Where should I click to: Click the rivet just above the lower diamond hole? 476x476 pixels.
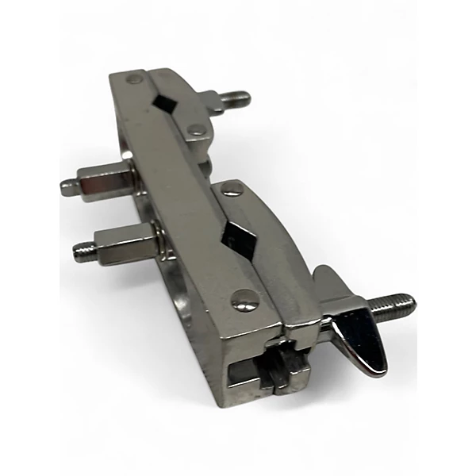coord(232,189)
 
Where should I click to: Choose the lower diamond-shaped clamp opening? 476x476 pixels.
coord(238,236)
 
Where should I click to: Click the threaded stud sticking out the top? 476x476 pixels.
coord(236,99)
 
